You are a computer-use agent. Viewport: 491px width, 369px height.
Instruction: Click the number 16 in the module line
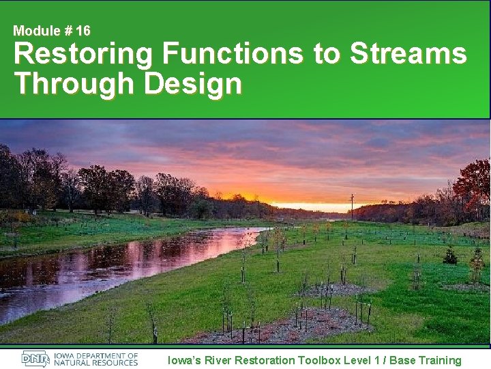click(x=83, y=31)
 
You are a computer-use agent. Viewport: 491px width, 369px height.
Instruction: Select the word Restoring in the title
click(x=82, y=54)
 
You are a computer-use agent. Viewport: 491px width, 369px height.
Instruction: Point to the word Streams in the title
click(x=408, y=54)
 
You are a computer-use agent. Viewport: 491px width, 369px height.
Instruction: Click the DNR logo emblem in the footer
click(x=35, y=359)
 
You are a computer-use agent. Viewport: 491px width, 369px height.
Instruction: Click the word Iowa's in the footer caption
click(x=183, y=360)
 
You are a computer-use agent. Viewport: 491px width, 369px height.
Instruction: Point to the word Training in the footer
click(x=438, y=360)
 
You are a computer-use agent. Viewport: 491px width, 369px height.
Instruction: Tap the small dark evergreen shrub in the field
click(x=450, y=256)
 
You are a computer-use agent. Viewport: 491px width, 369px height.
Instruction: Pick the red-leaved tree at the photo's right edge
click(x=475, y=180)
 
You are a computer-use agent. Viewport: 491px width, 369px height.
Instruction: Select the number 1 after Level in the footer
click(x=376, y=360)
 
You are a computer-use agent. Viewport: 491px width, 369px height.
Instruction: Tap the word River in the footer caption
click(x=218, y=360)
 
